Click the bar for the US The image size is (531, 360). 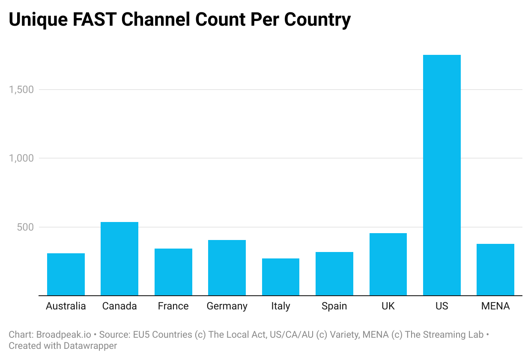click(x=442, y=175)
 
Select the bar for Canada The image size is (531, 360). click(x=119, y=259)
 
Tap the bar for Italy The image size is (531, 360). click(x=280, y=277)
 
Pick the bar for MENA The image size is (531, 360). click(x=495, y=270)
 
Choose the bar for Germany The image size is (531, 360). click(x=227, y=268)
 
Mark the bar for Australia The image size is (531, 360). click(x=66, y=274)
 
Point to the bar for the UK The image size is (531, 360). click(x=388, y=264)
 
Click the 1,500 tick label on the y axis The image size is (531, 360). click(x=21, y=90)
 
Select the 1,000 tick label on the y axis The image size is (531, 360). click(x=21, y=158)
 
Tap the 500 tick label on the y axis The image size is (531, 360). click(x=25, y=227)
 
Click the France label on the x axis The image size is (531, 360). click(x=173, y=306)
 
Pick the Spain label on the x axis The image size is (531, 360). click(x=334, y=306)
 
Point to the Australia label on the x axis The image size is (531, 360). click(x=66, y=306)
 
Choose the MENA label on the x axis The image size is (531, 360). click(x=495, y=306)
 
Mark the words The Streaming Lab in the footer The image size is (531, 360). click(x=444, y=335)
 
